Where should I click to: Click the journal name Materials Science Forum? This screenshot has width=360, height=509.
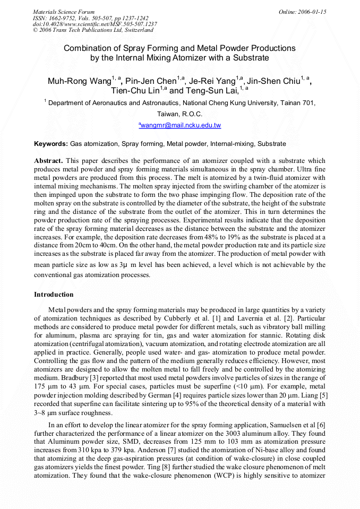click(x=64, y=12)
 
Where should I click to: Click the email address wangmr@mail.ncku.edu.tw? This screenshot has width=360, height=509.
click(x=179, y=125)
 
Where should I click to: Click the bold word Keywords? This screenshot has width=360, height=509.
click(x=51, y=144)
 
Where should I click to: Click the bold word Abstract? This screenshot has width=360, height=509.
click(x=49, y=160)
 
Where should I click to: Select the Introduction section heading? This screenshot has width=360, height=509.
click(x=54, y=295)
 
